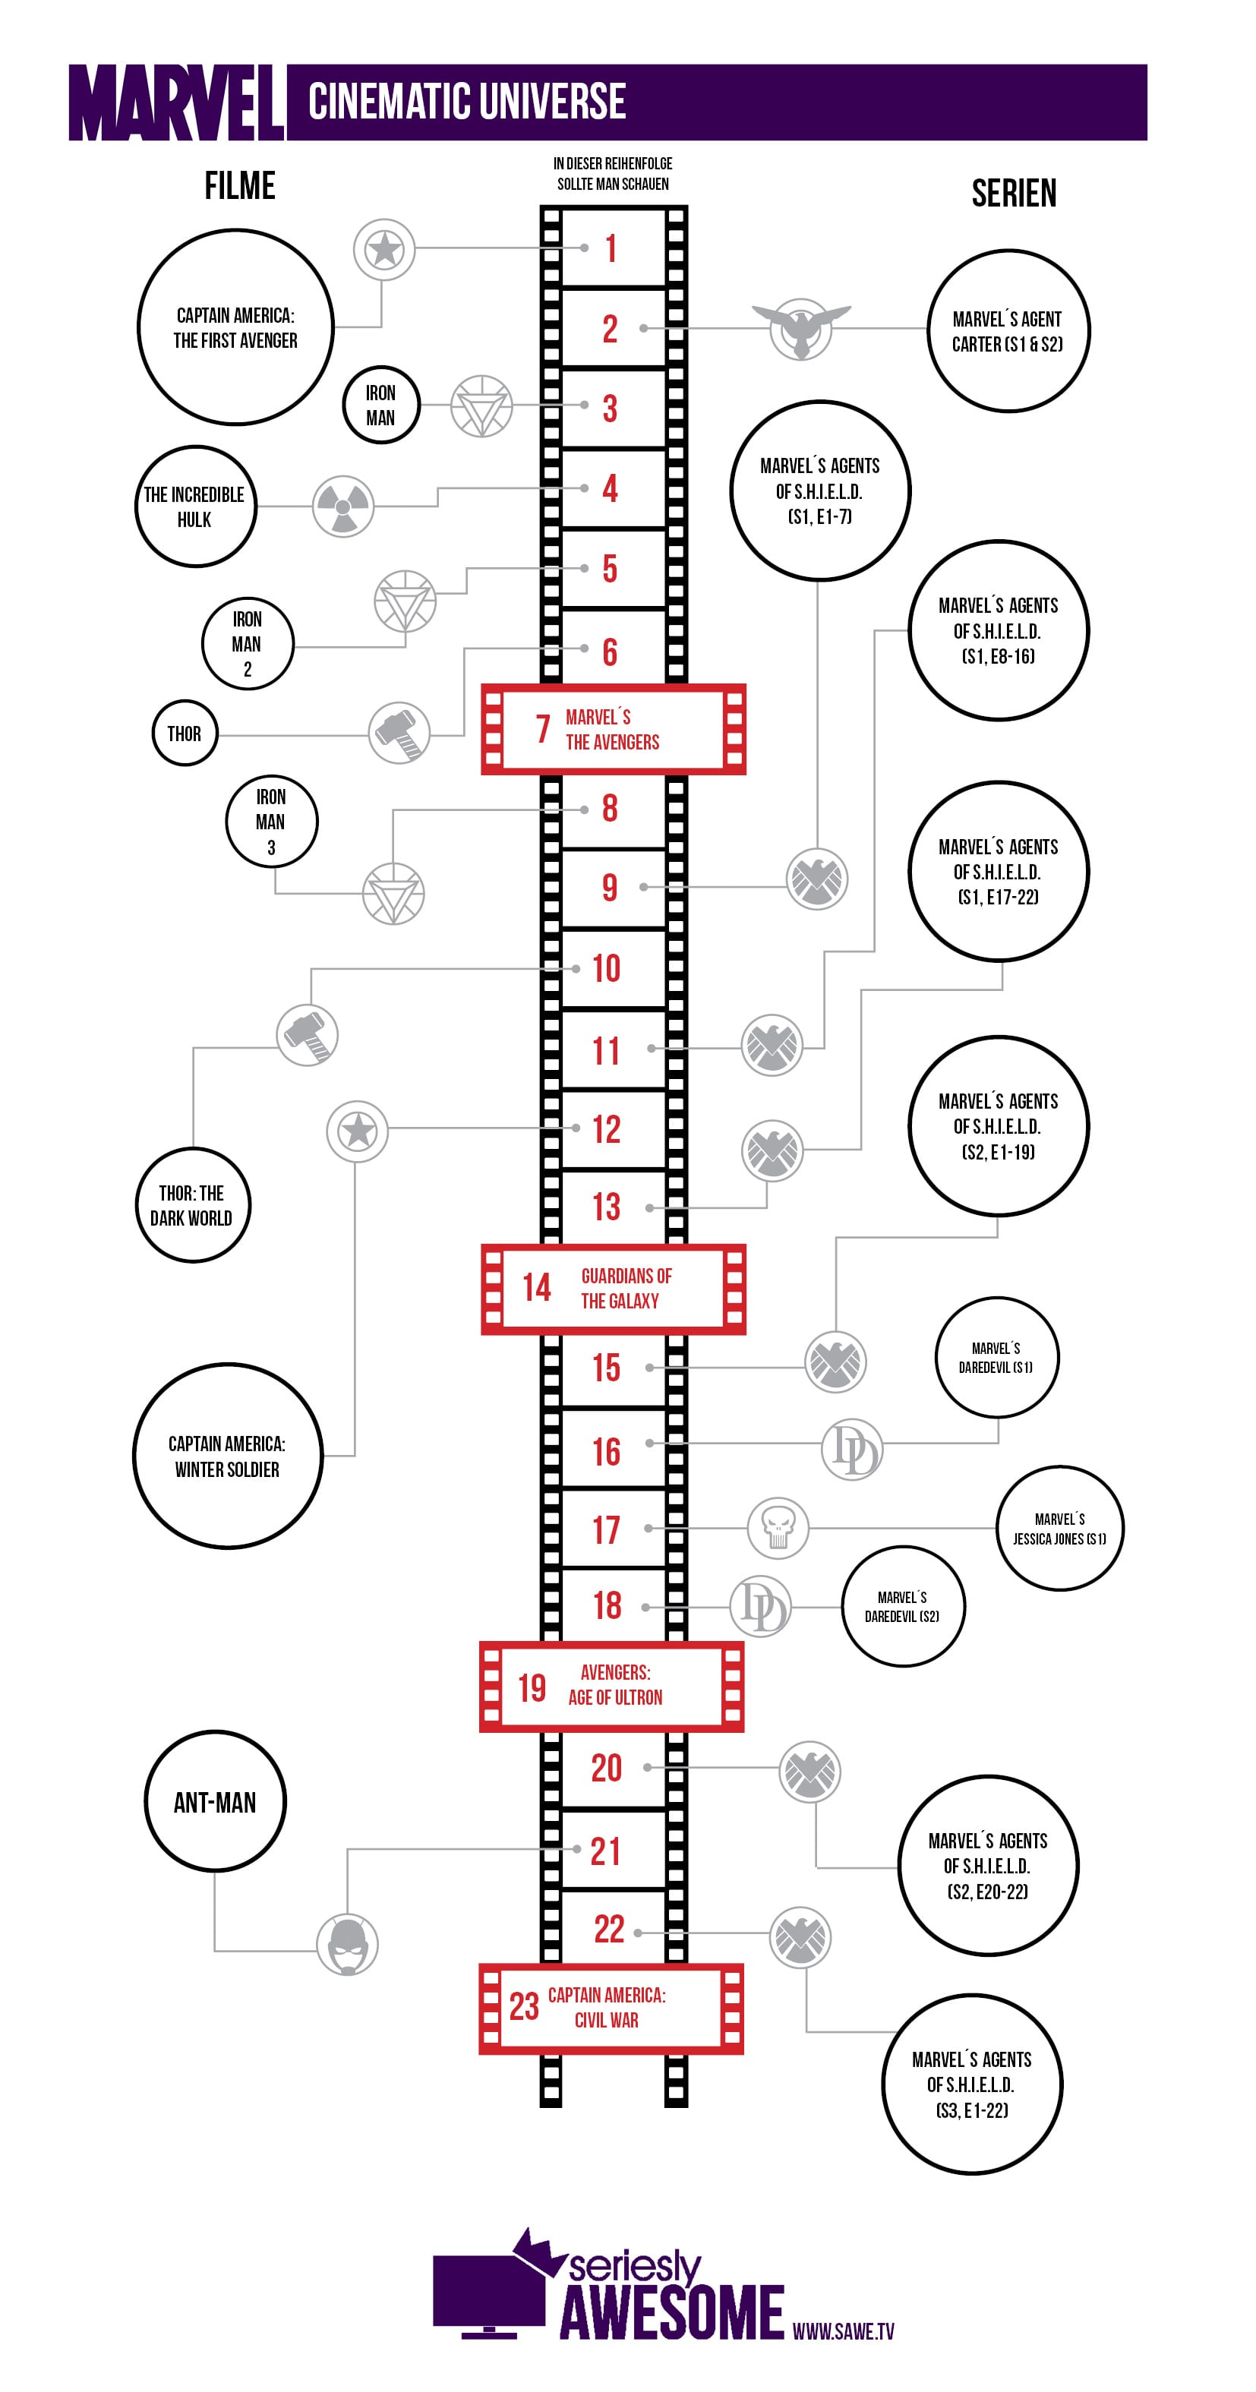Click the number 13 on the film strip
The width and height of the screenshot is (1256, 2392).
(606, 1206)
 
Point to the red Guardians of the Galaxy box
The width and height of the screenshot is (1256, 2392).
(613, 1289)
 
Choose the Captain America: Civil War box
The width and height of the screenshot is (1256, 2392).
(611, 2008)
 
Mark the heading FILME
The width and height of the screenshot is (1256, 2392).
(239, 186)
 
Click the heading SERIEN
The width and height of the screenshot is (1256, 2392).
(1014, 193)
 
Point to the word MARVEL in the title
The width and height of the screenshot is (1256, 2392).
(176, 103)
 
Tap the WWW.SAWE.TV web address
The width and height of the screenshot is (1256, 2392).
(843, 2330)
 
